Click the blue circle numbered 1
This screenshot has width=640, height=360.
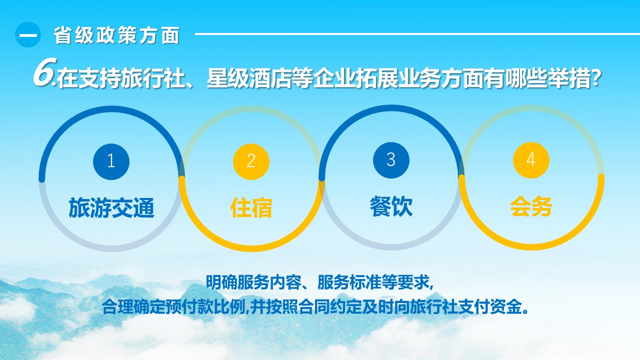[111, 161]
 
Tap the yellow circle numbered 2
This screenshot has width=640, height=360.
[251, 161]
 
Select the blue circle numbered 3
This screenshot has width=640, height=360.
[391, 160]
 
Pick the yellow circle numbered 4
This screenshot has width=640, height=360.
[531, 160]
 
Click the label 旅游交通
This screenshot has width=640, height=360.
[111, 207]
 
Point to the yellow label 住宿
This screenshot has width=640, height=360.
[251, 207]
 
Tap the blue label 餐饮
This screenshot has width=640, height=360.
[391, 206]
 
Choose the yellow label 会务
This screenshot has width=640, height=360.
[531, 206]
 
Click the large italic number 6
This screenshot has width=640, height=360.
[44, 72]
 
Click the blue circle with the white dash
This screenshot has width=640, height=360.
[28, 34]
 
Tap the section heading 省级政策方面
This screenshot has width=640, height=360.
[116, 35]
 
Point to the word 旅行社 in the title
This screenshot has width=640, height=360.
[152, 77]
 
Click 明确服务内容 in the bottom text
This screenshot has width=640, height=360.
[253, 282]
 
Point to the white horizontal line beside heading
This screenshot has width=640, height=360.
[417, 34]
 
